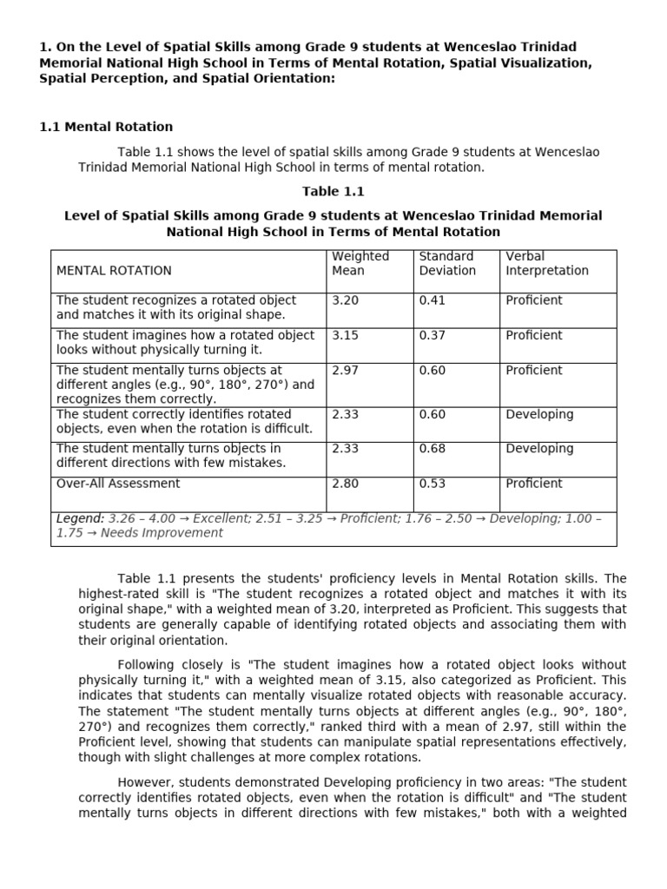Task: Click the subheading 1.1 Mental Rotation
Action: click(106, 127)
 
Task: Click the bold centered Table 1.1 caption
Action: click(333, 191)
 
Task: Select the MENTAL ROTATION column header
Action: click(114, 271)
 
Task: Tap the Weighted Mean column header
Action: click(360, 263)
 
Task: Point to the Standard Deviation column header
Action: click(447, 263)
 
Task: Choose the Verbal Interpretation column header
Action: click(546, 263)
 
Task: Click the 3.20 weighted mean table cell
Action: click(345, 300)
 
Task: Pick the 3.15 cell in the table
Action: click(345, 335)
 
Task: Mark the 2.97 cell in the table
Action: click(345, 370)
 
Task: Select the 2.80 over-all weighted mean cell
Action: click(345, 484)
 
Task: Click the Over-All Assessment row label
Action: click(118, 484)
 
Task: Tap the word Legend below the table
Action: click(80, 518)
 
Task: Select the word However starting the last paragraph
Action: click(145, 782)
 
